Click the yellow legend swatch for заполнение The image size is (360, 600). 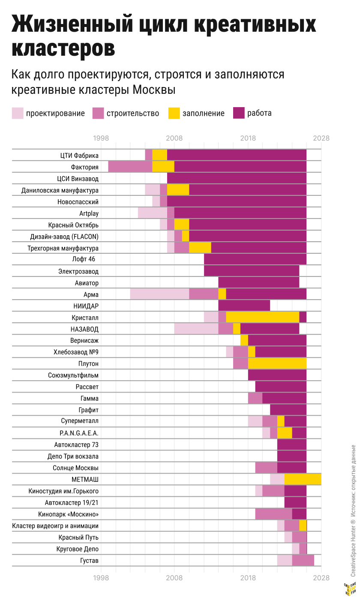[x=174, y=113]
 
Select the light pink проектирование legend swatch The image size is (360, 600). [x=18, y=113]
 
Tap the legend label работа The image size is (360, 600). [x=259, y=113]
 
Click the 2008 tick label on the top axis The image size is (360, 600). [x=174, y=138]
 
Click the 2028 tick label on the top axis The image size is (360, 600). [x=321, y=138]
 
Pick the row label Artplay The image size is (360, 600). [x=89, y=213]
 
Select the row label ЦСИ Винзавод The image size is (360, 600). [x=78, y=178]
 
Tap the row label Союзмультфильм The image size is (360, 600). [x=73, y=375]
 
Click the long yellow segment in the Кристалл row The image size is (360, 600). [x=262, y=317]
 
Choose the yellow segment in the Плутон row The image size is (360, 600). [x=277, y=363]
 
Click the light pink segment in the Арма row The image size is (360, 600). [x=159, y=294]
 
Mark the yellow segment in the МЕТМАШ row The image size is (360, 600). [x=303, y=479]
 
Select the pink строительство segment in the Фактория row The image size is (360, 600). [x=130, y=167]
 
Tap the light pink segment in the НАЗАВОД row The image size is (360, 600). [x=196, y=329]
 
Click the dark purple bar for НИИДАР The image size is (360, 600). [x=244, y=306]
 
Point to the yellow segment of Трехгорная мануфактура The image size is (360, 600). [x=200, y=248]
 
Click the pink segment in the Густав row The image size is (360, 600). [x=303, y=560]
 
